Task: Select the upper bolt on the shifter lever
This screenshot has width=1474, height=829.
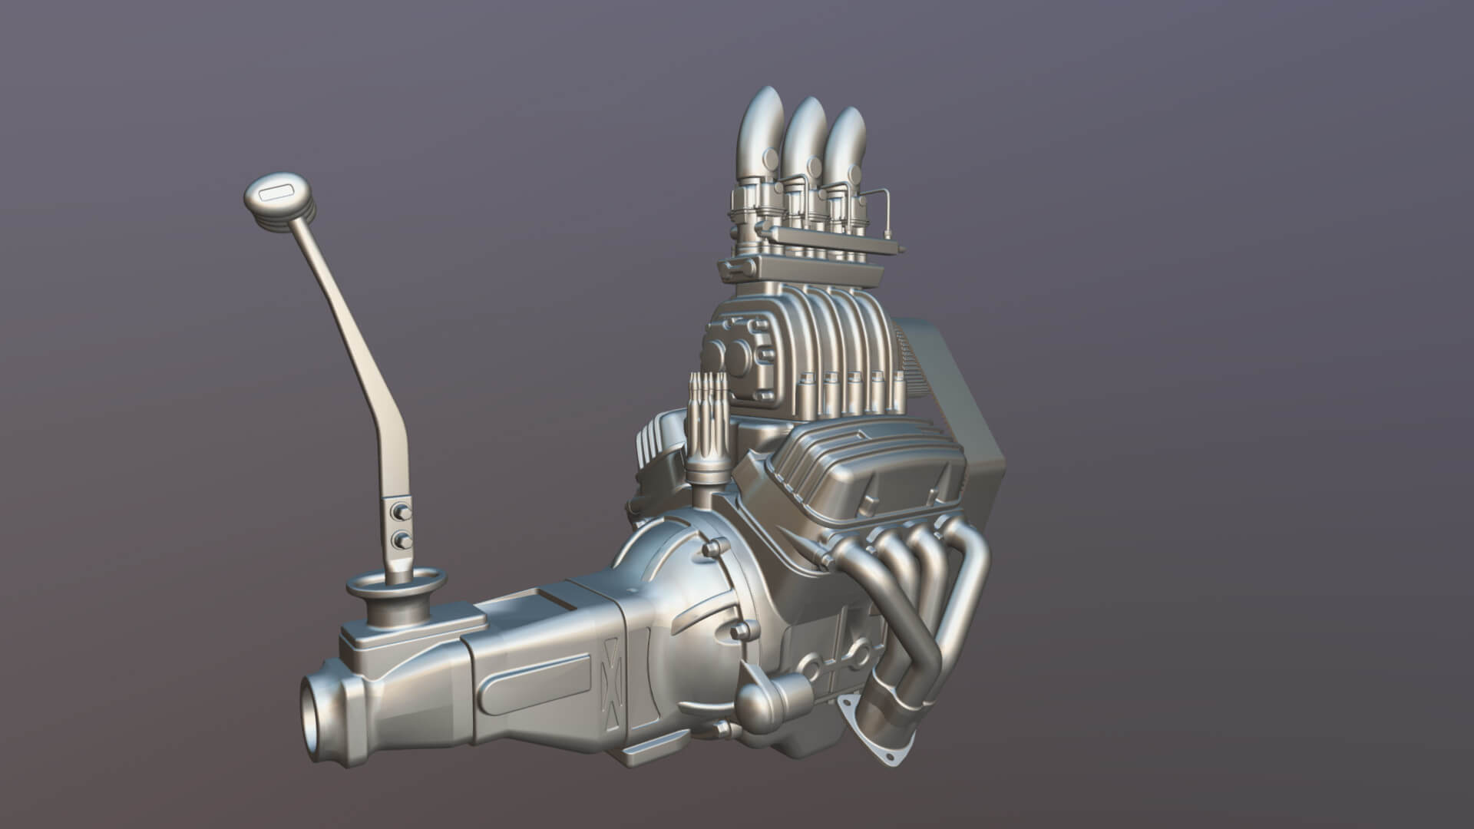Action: [399, 512]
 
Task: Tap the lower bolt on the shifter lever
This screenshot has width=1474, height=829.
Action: [400, 540]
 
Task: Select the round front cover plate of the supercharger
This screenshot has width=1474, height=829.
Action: [737, 361]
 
